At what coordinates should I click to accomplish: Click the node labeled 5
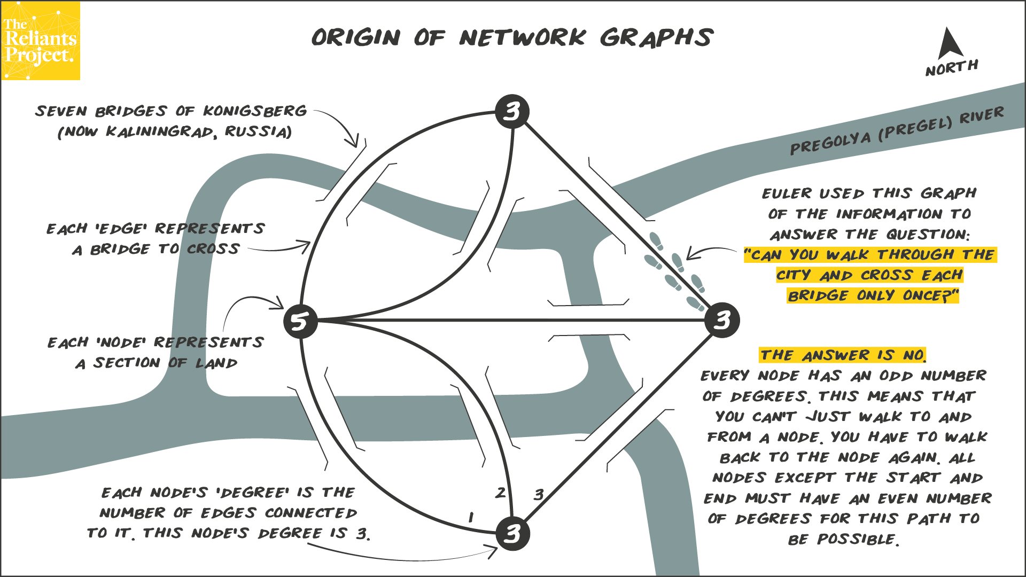click(300, 321)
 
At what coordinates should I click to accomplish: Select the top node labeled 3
click(512, 112)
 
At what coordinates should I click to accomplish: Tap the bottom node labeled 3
click(512, 533)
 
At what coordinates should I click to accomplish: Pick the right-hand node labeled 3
click(722, 320)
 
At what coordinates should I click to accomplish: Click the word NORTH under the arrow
click(952, 68)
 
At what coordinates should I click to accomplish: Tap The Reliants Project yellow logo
click(41, 41)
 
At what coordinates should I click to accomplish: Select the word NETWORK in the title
click(522, 37)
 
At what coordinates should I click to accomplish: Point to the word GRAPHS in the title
click(656, 37)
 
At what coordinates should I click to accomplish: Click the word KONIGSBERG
click(255, 111)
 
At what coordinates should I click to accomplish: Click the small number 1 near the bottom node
click(470, 517)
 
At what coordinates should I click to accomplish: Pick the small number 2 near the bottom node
click(500, 493)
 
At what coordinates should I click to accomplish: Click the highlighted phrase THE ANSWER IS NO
click(843, 355)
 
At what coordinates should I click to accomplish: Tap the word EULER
click(786, 193)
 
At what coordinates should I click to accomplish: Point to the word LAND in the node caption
click(216, 363)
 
